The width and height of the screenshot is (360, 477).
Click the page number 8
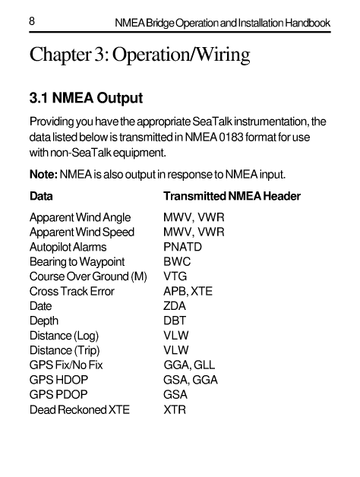pyautogui.click(x=33, y=23)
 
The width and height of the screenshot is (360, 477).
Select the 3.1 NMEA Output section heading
pyautogui.click(x=85, y=100)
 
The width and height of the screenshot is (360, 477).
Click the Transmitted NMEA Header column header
pyautogui.click(x=232, y=197)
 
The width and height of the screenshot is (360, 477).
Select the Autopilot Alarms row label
pyautogui.click(x=68, y=247)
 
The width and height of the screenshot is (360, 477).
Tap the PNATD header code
pyautogui.click(x=183, y=247)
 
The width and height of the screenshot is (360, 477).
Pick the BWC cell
pyautogui.click(x=177, y=262)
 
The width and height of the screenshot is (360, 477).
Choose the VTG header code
pyautogui.click(x=175, y=276)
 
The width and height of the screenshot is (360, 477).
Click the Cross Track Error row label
pyautogui.click(x=71, y=292)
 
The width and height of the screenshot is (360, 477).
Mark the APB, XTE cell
pyautogui.click(x=188, y=292)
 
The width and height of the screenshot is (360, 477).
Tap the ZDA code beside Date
pyautogui.click(x=176, y=306)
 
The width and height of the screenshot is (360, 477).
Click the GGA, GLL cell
pyautogui.click(x=190, y=365)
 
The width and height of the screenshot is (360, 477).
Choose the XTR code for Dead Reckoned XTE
pyautogui.click(x=175, y=410)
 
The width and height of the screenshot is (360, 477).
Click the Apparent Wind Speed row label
pyautogui.click(x=81, y=232)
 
